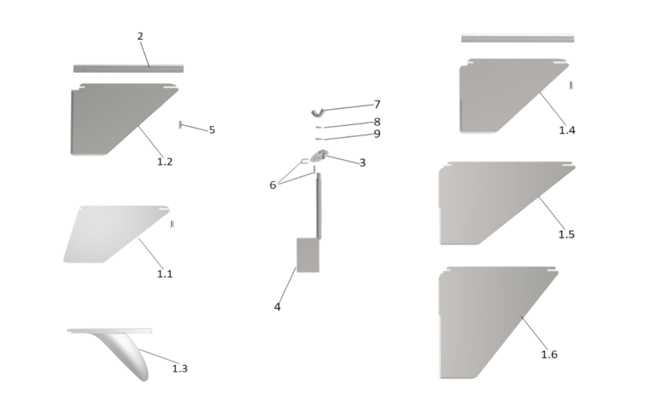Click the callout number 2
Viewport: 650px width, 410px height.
[140, 36]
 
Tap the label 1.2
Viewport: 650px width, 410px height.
[165, 161]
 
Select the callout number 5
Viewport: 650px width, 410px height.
[212, 130]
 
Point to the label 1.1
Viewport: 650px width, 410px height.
[165, 273]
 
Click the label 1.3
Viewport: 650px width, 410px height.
[180, 368]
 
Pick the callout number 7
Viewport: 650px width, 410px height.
[377, 104]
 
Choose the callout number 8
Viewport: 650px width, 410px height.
[377, 122]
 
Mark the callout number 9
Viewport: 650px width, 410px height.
[377, 134]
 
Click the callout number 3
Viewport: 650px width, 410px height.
[362, 162]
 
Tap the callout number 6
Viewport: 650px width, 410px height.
[273, 184]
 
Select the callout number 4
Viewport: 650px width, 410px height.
[277, 307]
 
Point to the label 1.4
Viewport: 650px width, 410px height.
[567, 130]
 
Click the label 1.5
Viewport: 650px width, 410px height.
[566, 234]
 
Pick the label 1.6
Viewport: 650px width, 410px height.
[549, 355]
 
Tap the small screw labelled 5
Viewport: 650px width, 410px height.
[180, 124]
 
